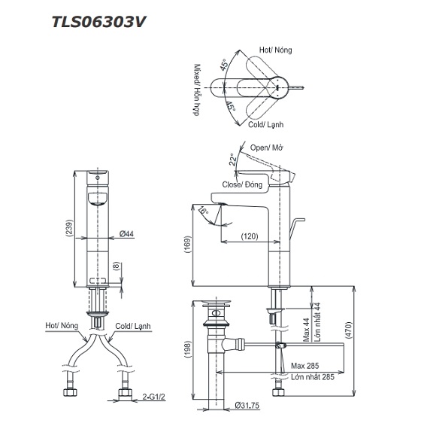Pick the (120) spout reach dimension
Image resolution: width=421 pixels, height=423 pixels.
coord(251,236)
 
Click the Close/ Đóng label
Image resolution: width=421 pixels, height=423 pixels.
coord(241,184)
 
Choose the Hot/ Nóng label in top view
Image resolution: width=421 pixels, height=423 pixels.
coord(277,50)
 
